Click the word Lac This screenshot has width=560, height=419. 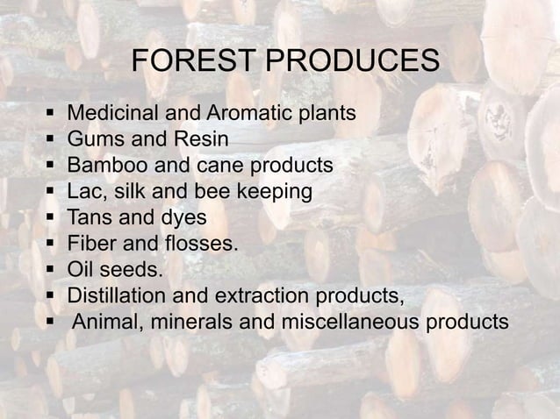(85, 190)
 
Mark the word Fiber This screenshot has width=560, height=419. (94, 242)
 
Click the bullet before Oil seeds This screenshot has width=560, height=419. (53, 268)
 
